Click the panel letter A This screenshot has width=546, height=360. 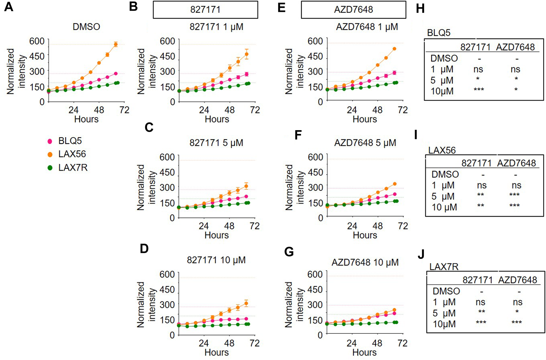tap(9, 7)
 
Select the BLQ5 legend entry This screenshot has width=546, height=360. tap(70, 141)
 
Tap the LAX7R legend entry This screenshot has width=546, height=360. tap(72, 168)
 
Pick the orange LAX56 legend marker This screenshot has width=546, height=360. tap(50, 154)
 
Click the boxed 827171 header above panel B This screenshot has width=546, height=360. tap(205, 10)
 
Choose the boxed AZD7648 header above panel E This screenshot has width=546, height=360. tap(353, 10)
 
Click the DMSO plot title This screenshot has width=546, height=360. tap(86, 27)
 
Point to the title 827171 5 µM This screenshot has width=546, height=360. tap(216, 143)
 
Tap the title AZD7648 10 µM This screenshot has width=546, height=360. tap(365, 263)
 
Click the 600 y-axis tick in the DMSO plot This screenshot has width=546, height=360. tap(37, 41)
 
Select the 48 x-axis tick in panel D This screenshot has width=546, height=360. tap(229, 343)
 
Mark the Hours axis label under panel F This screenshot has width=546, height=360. tap(365, 235)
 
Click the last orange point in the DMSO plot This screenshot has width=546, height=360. tap(116, 44)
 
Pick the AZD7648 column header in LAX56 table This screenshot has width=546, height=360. tap(516, 163)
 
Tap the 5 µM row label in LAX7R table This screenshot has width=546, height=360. tap(444, 313)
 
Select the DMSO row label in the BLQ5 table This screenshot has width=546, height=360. tap(444, 58)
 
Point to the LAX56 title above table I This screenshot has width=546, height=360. tap(442, 150)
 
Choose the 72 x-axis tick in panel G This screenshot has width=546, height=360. tap(402, 343)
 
